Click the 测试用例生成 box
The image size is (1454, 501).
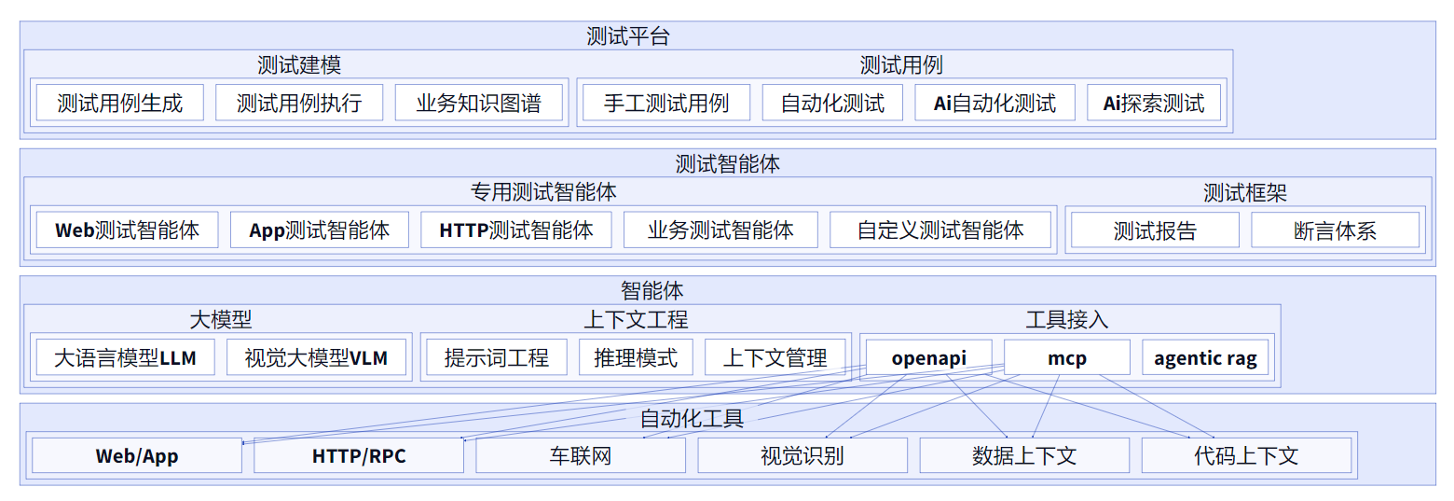click(119, 103)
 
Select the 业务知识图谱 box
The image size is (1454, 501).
click(479, 103)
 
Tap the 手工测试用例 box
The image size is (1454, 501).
click(665, 103)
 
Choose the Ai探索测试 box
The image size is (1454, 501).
click(1153, 103)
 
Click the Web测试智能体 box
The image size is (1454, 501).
click(127, 230)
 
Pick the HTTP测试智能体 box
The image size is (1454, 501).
click(516, 230)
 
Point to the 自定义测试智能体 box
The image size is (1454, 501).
click(940, 230)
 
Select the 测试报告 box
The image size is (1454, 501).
click(1155, 230)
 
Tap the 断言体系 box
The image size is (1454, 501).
click(1335, 230)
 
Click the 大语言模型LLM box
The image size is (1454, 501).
click(125, 357)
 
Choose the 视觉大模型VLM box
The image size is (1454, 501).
click(316, 357)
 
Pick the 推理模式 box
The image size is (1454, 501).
click(636, 357)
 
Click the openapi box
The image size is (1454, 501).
click(928, 357)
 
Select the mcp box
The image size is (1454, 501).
click(1066, 357)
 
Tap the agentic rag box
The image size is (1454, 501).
click(1205, 357)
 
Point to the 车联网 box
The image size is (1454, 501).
click(581, 455)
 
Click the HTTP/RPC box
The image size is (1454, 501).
click(359, 455)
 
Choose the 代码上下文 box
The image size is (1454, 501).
click(1246, 455)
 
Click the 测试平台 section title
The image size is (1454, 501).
click(628, 36)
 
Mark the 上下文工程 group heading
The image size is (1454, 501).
click(636, 320)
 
